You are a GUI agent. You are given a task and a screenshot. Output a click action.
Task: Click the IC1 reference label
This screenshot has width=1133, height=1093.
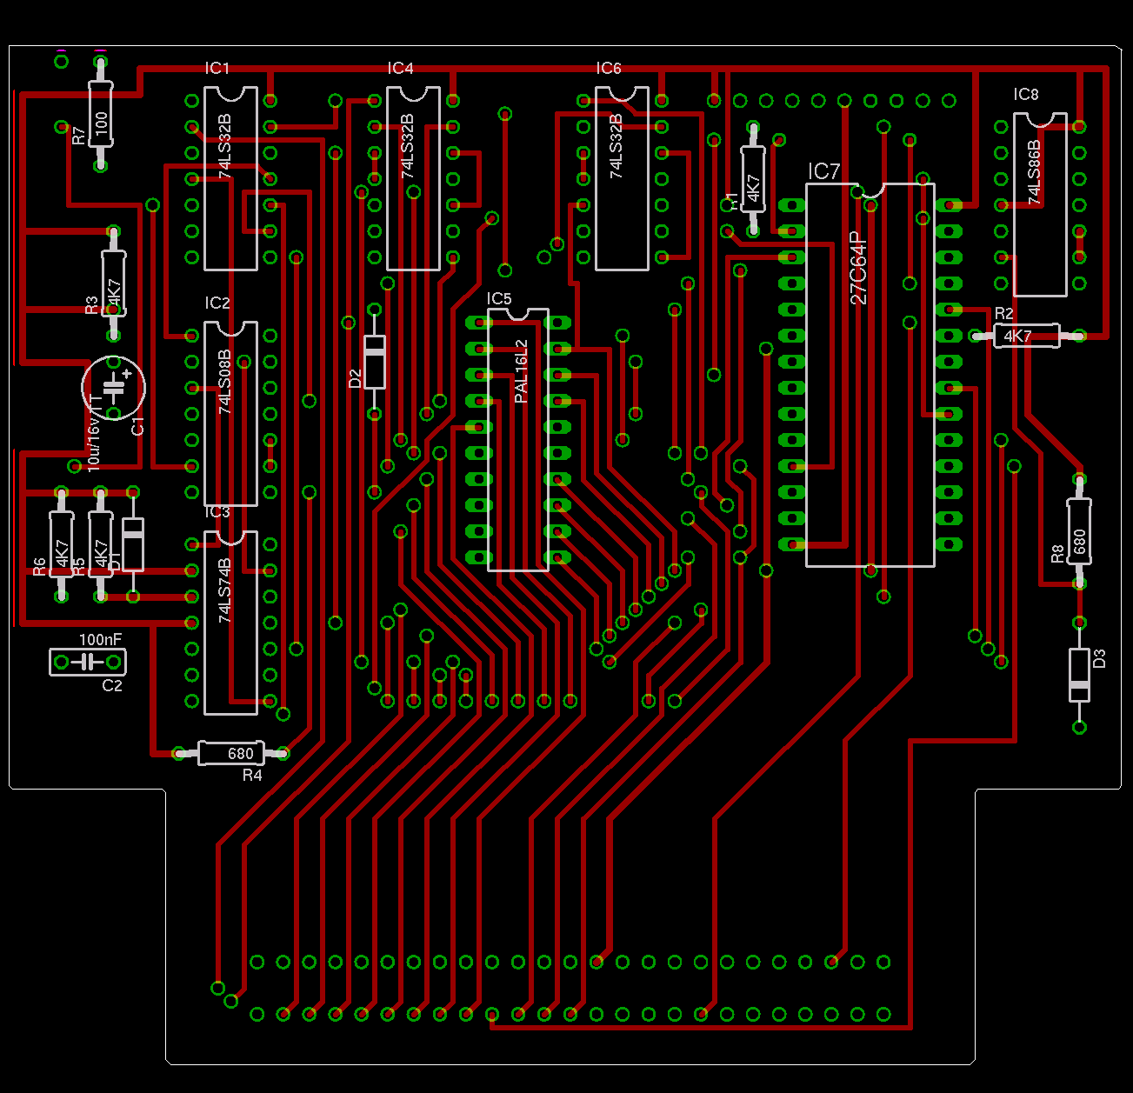[x=217, y=69]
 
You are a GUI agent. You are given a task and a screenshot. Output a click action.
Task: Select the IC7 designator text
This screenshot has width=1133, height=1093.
[x=823, y=171]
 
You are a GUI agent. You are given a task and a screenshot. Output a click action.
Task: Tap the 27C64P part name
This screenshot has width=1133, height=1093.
[x=858, y=268]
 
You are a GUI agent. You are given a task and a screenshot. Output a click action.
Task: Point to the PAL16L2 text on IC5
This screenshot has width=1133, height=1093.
[x=521, y=371]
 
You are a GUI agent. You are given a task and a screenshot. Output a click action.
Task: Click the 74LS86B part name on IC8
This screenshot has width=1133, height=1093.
[x=1034, y=172]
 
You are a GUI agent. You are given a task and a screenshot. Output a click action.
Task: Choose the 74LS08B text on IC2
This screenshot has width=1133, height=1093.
[x=225, y=381]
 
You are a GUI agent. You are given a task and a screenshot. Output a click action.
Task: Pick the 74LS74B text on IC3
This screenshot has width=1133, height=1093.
[x=225, y=590]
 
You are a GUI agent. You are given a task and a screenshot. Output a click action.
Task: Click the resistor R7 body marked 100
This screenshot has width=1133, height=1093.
[x=101, y=122]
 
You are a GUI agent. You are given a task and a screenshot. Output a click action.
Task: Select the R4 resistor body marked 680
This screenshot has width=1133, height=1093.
[x=231, y=753]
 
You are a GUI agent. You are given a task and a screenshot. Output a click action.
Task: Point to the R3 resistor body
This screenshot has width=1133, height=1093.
[x=114, y=283]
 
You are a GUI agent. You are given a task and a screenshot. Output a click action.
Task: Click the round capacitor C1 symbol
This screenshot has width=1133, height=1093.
[x=114, y=387]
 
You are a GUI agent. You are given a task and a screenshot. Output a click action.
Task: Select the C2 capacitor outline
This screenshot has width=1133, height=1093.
[x=87, y=663]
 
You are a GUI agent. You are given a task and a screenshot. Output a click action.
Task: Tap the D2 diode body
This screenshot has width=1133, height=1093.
[x=375, y=362]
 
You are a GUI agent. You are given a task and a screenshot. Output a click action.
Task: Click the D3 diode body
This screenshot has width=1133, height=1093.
[x=1079, y=675]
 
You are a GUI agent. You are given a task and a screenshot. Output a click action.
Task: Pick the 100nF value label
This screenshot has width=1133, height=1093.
[x=100, y=640]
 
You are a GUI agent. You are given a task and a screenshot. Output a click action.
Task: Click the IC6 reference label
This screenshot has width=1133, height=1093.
[x=609, y=69]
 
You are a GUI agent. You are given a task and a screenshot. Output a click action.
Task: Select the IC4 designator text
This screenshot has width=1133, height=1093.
[x=400, y=69]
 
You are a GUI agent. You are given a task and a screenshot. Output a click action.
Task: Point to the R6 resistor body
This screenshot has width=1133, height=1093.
[x=61, y=543]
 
